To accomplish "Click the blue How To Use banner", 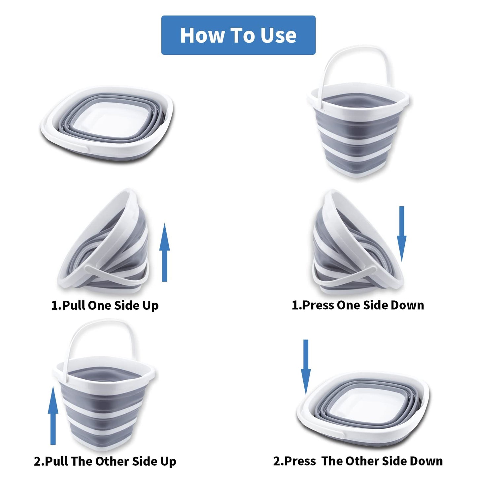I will tap(238, 35).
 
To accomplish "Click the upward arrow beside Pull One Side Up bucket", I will tap(164, 253).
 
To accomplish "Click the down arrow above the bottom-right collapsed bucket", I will tap(306, 366).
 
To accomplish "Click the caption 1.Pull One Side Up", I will tap(105, 305).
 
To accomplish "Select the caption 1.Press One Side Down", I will tap(358, 305).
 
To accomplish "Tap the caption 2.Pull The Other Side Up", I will tap(105, 461).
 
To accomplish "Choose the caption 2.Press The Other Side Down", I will tap(358, 461).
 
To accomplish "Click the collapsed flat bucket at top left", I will tap(107, 124).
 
